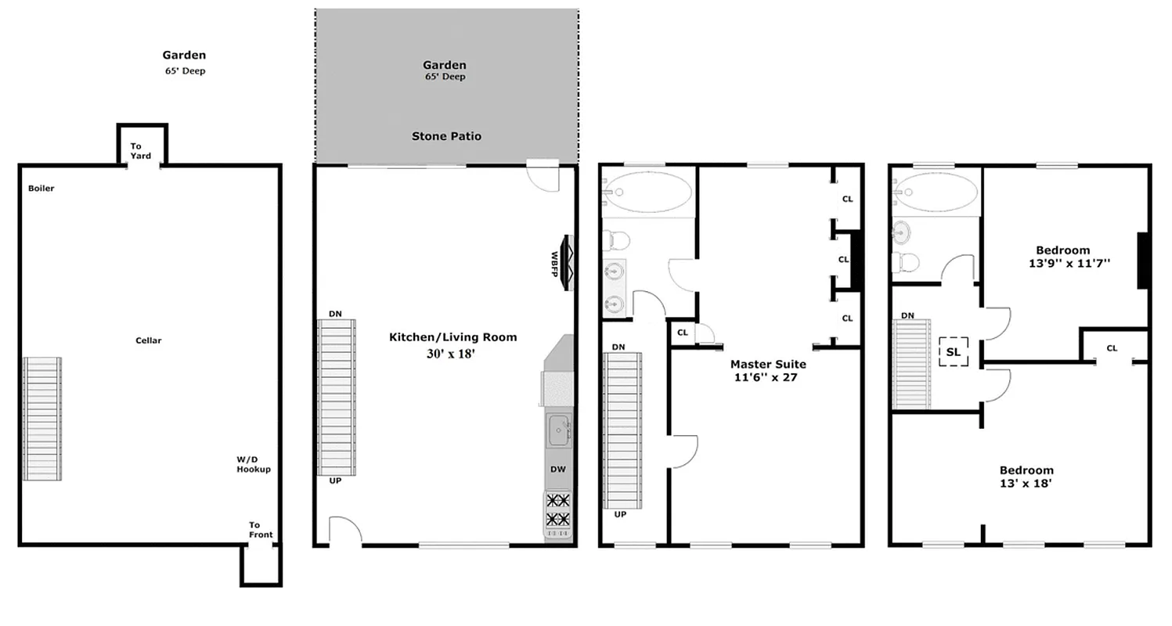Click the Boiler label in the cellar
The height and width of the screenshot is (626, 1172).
click(41, 189)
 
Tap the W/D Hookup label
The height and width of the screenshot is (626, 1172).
click(254, 464)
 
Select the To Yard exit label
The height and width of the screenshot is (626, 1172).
click(141, 151)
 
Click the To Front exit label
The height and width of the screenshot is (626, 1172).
click(261, 530)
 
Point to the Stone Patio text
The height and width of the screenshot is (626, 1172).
click(446, 136)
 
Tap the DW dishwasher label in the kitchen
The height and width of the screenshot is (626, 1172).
click(557, 469)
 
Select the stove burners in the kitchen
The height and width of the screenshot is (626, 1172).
click(558, 510)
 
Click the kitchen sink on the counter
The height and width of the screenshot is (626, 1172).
click(558, 431)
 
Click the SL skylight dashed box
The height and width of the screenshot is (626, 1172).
click(953, 352)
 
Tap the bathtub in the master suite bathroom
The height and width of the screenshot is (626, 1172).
click(650, 191)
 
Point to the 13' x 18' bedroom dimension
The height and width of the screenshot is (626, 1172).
click(1026, 484)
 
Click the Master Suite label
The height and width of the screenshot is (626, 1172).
click(767, 364)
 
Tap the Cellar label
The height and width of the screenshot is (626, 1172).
click(149, 340)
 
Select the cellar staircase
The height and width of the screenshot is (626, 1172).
click(42, 419)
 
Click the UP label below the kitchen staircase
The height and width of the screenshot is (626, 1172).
click(335, 480)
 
